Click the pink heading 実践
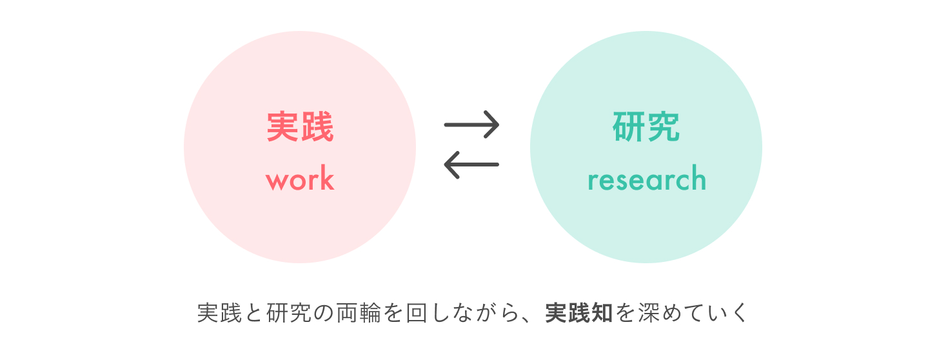click(300, 127)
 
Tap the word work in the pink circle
click(300, 180)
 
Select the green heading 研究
click(646, 127)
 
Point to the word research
click(647, 180)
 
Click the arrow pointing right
click(471, 124)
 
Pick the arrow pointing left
click(471, 164)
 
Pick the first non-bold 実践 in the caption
click(219, 313)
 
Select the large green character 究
click(664, 127)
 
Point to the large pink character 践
click(317, 127)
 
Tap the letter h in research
click(698, 179)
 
